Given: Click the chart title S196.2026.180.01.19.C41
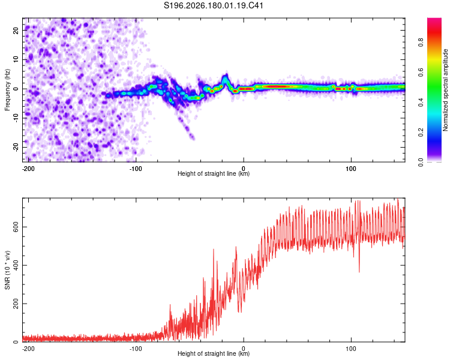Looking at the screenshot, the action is click(214, 5).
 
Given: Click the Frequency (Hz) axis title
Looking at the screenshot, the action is click(7, 90).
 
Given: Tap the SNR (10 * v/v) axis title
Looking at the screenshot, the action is click(7, 270).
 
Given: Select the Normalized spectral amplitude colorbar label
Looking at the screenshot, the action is click(445, 90).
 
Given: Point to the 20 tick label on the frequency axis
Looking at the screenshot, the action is click(16, 31).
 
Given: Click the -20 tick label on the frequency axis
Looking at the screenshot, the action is click(16, 147).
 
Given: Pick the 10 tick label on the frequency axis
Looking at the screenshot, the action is click(16, 59).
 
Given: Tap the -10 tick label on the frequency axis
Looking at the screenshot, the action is click(16, 118).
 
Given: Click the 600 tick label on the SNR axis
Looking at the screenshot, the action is click(16, 227).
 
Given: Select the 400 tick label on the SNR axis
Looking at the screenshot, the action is click(16, 265).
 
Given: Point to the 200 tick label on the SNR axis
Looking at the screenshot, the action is click(16, 304).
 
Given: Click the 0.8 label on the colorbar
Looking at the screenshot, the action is click(421, 42).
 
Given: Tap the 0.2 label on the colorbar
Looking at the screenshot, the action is click(421, 133).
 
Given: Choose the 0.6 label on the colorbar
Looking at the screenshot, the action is click(421, 73).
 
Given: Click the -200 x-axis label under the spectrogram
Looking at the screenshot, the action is click(28, 169).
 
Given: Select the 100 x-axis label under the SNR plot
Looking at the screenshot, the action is click(351, 349).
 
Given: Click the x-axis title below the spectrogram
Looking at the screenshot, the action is click(214, 173).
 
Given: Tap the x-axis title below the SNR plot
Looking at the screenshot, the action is click(214, 353).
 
